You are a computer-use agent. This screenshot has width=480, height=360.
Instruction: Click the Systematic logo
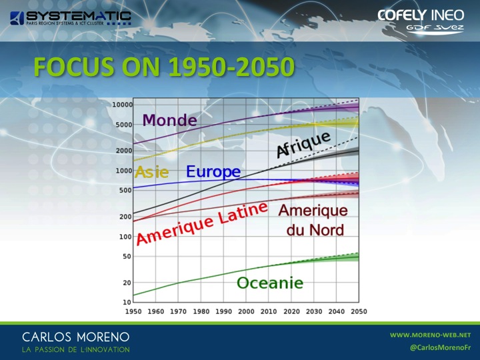[71, 18]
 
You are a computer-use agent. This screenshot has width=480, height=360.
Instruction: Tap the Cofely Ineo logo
[421, 20]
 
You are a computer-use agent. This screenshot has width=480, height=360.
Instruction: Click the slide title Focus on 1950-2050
[164, 67]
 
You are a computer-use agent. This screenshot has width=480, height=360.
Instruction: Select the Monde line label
[169, 120]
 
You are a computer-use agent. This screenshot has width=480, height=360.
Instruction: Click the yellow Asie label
[151, 172]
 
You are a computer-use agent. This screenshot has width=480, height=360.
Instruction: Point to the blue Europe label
[213, 172]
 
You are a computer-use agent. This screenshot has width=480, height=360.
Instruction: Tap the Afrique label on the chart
[303, 145]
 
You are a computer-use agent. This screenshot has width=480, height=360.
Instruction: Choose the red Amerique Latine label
[202, 223]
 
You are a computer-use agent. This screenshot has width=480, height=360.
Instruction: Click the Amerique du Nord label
[313, 220]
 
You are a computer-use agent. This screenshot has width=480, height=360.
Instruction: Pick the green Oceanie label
[270, 283]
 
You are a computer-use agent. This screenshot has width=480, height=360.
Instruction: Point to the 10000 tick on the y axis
[123, 105]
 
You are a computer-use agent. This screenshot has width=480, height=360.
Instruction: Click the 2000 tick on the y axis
[124, 151]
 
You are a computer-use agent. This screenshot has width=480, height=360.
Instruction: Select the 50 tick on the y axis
[127, 257]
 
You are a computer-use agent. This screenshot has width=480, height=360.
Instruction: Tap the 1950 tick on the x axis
[133, 311]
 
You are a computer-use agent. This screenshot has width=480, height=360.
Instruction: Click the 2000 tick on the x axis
[246, 311]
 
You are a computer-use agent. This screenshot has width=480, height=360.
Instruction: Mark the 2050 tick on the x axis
[359, 311]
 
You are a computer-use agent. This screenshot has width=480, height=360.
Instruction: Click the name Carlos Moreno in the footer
[75, 337]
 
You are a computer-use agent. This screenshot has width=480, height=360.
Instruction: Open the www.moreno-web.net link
[431, 335]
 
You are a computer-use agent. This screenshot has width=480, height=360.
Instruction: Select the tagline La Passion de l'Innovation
[75, 349]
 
